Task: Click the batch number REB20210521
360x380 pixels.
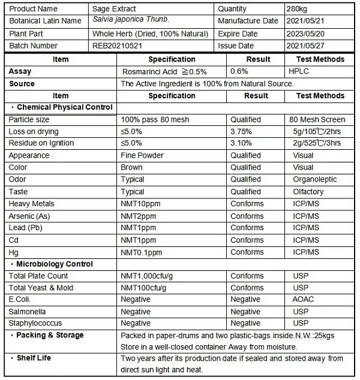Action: click(118, 46)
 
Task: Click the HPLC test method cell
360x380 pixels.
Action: click(299, 71)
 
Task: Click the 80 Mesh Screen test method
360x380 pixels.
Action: click(317, 119)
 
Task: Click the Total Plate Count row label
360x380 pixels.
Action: click(38, 276)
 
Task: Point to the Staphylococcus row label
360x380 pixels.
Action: click(35, 324)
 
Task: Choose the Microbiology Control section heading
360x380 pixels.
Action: click(55, 264)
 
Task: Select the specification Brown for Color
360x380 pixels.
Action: click(131, 167)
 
